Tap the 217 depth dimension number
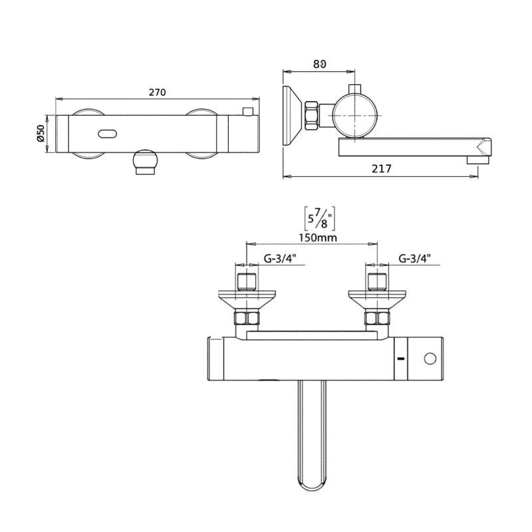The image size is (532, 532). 381,170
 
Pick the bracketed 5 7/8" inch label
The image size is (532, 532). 319,217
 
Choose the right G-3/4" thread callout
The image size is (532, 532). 416,259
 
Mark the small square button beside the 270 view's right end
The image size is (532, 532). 249,110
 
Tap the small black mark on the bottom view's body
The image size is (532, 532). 400,359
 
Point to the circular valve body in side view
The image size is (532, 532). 356,114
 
